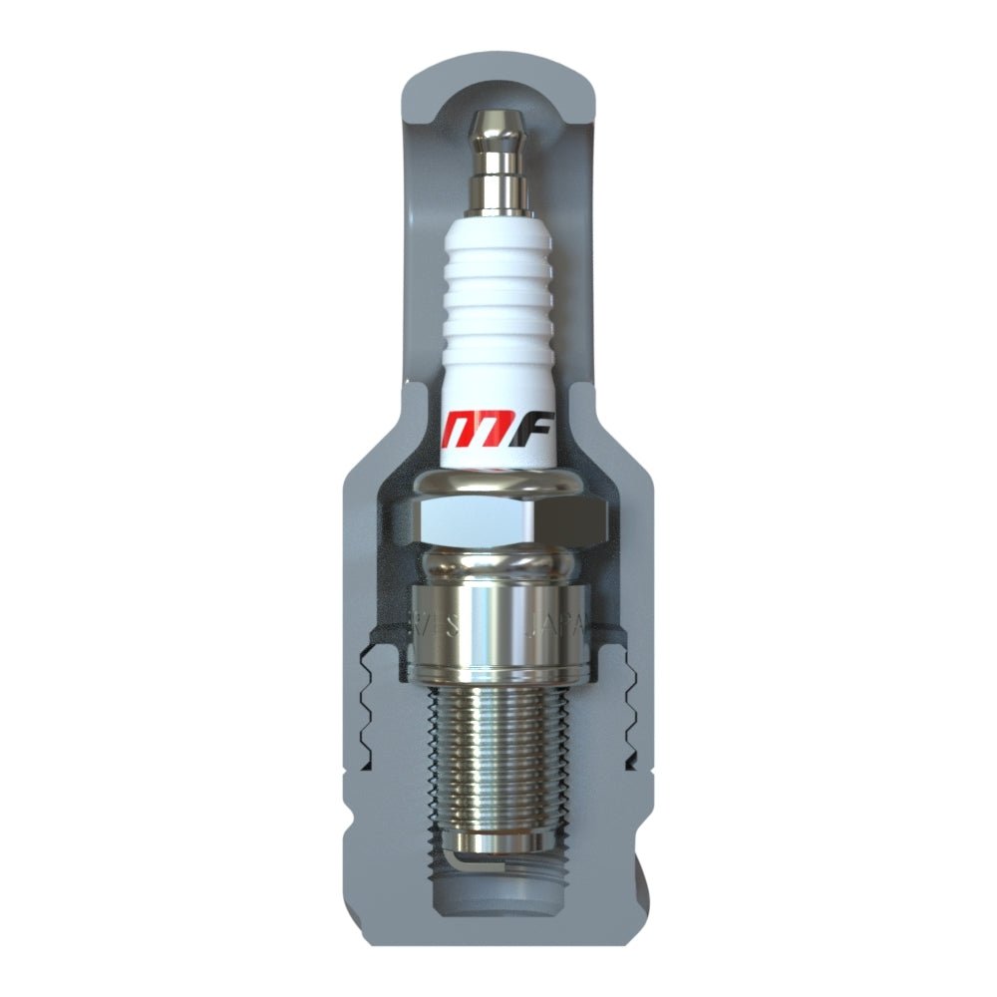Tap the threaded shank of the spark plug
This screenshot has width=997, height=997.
point(498,758)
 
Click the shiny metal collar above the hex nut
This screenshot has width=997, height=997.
point(498,484)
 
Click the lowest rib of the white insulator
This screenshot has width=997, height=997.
point(498,344)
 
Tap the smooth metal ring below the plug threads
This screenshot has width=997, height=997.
point(498,843)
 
